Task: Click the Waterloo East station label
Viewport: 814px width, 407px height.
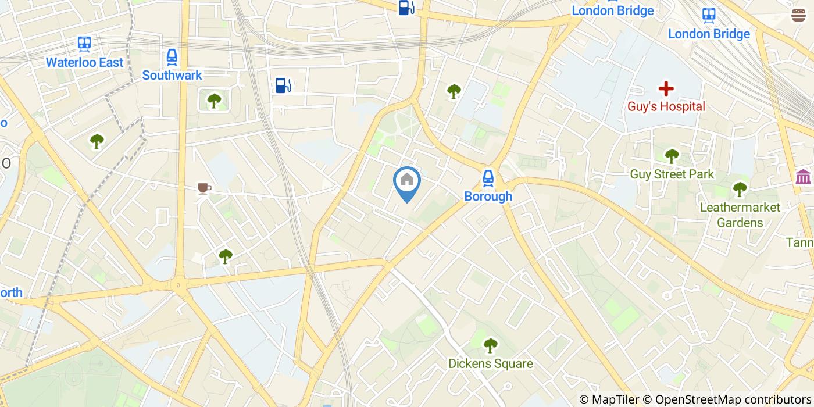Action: pyautogui.click(x=85, y=62)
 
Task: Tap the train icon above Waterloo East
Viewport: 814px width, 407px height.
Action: pyautogui.click(x=85, y=44)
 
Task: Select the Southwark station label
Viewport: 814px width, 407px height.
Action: pyautogui.click(x=172, y=75)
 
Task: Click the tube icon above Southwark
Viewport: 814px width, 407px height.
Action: pyautogui.click(x=172, y=56)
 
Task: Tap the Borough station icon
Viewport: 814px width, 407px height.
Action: pyautogui.click(x=488, y=178)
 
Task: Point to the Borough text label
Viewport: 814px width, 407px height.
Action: pyautogui.click(x=488, y=197)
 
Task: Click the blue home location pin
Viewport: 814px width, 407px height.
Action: pyautogui.click(x=407, y=181)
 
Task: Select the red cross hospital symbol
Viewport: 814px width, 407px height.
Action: pyautogui.click(x=666, y=89)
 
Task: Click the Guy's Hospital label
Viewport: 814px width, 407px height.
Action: pyautogui.click(x=666, y=106)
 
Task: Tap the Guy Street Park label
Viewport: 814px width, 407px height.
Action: pyautogui.click(x=672, y=174)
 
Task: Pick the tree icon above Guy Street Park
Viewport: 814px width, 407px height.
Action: pyautogui.click(x=672, y=156)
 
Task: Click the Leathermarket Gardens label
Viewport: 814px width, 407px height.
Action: pyautogui.click(x=740, y=215)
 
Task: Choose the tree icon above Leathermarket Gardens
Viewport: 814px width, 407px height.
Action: pyautogui.click(x=740, y=189)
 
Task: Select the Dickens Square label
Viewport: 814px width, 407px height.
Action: pyautogui.click(x=490, y=364)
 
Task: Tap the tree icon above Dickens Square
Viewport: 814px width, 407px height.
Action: pyautogui.click(x=490, y=345)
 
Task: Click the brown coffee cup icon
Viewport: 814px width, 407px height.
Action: pyautogui.click(x=203, y=188)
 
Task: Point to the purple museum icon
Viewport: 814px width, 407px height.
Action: pyautogui.click(x=803, y=176)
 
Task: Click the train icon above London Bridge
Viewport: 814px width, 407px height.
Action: pyautogui.click(x=709, y=15)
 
